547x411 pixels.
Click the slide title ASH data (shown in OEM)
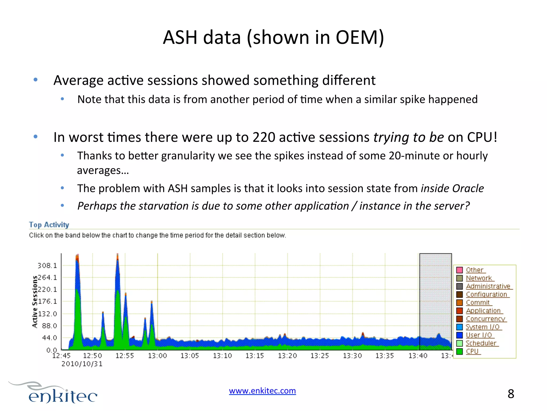[x=273, y=37]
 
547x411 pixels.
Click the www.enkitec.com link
[x=262, y=391]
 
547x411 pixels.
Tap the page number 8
[x=511, y=394]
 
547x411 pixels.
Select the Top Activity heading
[x=49, y=225]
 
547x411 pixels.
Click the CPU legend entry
[x=472, y=351]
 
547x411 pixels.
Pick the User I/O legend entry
[x=479, y=335]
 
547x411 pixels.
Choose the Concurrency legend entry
[x=485, y=319]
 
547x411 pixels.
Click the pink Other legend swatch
[x=459, y=270]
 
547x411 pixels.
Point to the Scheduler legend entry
[x=481, y=343]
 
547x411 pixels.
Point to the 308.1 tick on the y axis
[x=47, y=266]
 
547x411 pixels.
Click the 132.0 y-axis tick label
[x=47, y=314]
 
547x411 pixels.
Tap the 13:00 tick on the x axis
[x=157, y=356]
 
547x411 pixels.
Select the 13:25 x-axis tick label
[x=320, y=356]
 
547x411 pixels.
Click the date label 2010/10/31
[x=82, y=364]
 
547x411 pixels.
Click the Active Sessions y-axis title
[x=35, y=302]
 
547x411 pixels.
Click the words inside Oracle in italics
[x=452, y=189]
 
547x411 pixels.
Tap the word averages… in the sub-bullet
[x=103, y=170]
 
